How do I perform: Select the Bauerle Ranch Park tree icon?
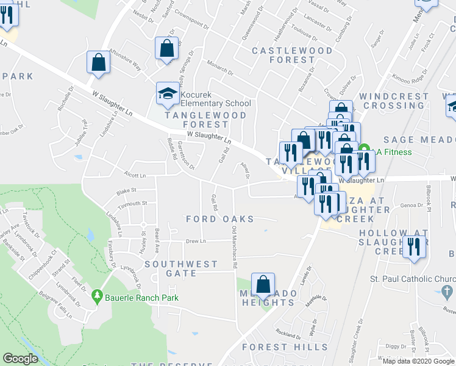(96, 297)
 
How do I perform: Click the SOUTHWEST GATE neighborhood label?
(181, 268)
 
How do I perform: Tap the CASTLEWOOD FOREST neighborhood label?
(292, 55)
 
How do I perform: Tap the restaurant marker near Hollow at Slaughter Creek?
(413, 246)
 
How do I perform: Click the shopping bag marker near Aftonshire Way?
(98, 62)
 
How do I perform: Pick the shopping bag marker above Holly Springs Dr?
(166, 47)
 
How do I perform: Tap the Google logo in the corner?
(20, 359)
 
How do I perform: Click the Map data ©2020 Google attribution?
(418, 361)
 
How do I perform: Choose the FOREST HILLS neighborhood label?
(285, 346)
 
